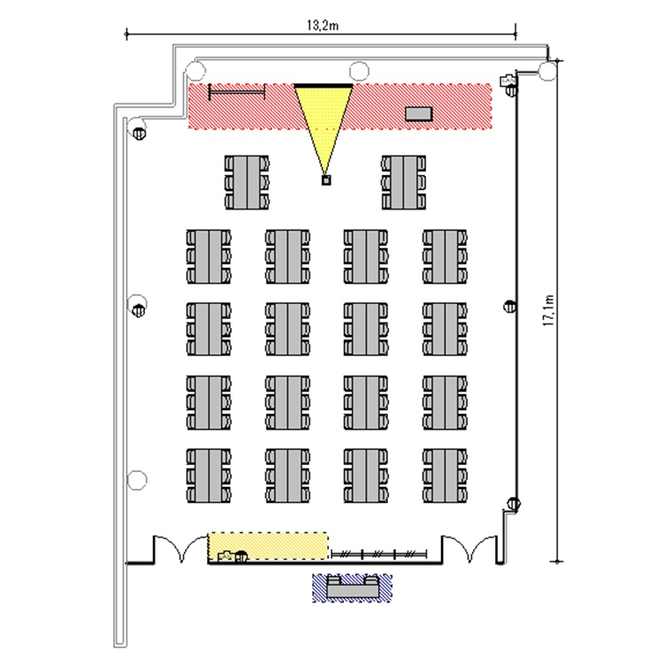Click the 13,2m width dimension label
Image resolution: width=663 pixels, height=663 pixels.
coord(322,26)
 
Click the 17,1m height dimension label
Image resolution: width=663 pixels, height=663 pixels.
coord(548,310)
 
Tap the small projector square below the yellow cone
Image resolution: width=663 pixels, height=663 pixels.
coord(325,180)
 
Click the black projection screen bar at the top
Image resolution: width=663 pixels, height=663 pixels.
coord(324,86)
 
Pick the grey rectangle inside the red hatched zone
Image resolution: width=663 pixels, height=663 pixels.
coord(419,114)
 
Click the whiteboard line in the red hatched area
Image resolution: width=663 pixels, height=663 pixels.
coord(237,92)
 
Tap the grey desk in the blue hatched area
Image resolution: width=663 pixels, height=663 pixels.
coord(353,587)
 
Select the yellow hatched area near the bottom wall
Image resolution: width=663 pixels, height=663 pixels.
coord(268,545)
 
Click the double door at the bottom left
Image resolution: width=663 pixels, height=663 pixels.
coord(181,550)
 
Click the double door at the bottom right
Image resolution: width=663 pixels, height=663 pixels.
coord(469,550)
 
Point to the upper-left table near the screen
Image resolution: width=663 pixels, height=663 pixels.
coord(247,182)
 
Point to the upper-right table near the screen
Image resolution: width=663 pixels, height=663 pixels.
coord(403,182)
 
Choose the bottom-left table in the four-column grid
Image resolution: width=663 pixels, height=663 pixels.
coord(209,476)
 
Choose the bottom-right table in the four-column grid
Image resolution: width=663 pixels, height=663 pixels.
coord(445,476)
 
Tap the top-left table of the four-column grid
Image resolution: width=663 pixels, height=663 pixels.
coord(209,256)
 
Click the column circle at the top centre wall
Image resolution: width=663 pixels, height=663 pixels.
coord(359,71)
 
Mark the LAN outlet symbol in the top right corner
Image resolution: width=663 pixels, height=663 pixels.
coord(507,80)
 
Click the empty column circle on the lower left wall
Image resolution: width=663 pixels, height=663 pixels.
coord(137,480)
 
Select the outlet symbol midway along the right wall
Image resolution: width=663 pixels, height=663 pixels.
coord(510,306)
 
